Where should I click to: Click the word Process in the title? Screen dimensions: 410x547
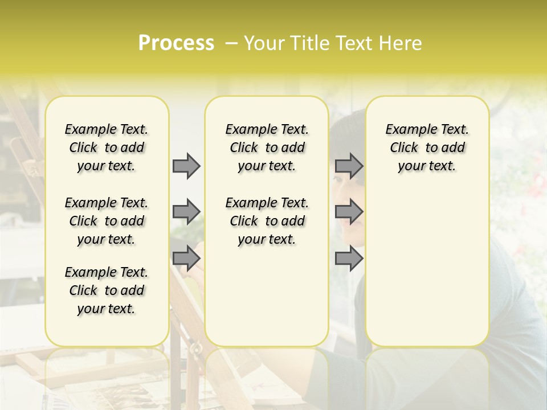(176, 43)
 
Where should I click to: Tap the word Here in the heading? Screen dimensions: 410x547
(399, 43)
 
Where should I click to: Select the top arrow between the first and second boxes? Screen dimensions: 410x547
(186, 166)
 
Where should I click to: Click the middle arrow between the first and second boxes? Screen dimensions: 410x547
(186, 212)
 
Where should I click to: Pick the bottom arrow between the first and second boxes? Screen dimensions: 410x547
(186, 259)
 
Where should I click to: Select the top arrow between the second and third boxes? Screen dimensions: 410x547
(349, 166)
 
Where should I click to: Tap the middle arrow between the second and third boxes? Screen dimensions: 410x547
(349, 212)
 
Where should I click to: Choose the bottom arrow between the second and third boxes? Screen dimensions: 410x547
(349, 259)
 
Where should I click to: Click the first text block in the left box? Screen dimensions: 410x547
(107, 147)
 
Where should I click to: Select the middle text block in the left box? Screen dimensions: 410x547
(107, 221)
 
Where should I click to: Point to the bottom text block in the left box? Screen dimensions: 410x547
(107, 290)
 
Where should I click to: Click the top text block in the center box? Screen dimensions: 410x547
(267, 147)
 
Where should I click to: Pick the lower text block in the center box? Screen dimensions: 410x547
(267, 221)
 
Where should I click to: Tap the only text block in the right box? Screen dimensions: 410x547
(427, 147)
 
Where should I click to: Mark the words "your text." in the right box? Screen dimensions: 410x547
(427, 166)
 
